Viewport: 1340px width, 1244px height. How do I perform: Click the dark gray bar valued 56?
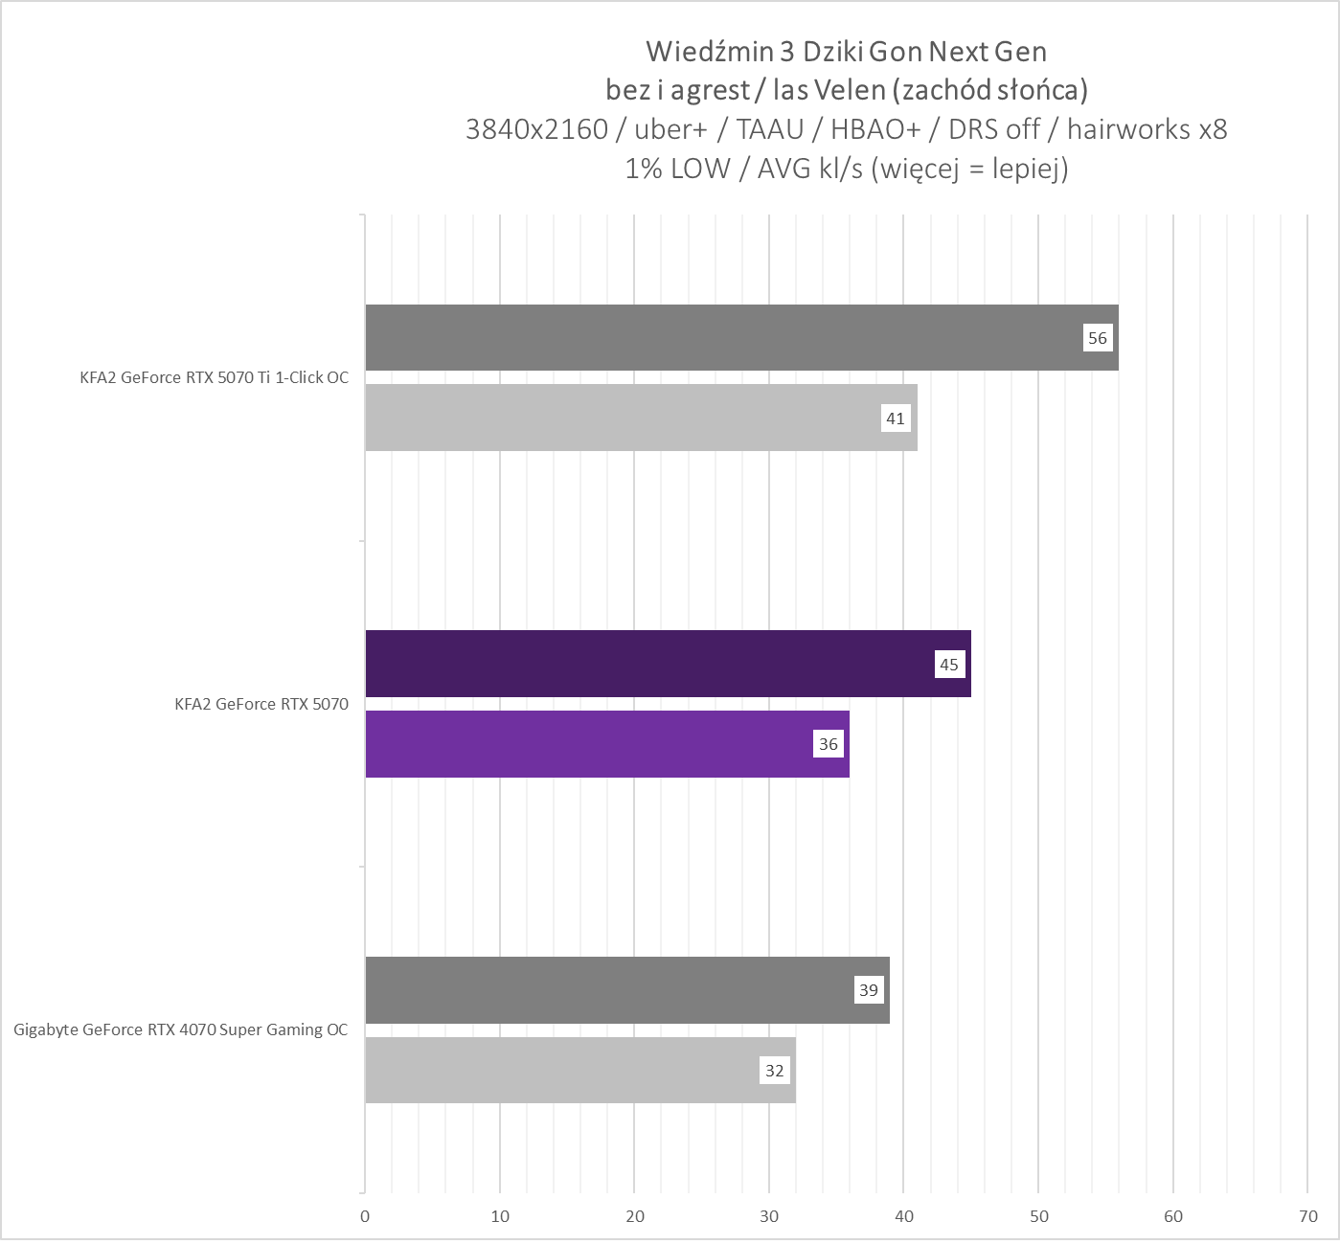coord(728,338)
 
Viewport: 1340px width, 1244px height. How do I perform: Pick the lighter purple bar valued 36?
coord(594,744)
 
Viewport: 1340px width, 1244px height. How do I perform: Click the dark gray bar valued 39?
coord(613,990)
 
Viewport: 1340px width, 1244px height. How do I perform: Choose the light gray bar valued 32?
coord(565,1071)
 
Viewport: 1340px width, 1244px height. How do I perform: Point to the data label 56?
coord(1097,338)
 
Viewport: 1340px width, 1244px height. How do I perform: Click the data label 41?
coord(895,418)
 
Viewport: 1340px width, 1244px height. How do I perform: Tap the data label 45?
coord(948,665)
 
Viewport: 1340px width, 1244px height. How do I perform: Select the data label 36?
coord(828,744)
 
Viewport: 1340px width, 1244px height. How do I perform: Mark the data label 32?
coord(774,1071)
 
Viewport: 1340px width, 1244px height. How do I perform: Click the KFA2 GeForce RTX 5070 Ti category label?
coord(214,377)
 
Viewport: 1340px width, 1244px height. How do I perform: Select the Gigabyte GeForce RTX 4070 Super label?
coord(181,1030)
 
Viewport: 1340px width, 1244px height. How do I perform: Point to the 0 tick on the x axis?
coord(365,1217)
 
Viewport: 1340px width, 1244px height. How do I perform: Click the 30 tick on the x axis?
coord(769,1217)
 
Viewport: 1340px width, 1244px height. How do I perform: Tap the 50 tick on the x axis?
coord(1038,1217)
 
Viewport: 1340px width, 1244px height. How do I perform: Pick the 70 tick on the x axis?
coord(1307,1217)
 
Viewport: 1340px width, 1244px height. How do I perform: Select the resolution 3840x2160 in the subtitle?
coord(536,129)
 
